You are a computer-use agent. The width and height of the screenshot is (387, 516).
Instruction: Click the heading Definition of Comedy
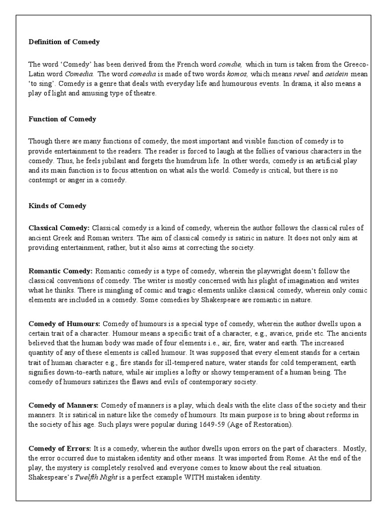pyautogui.click(x=64, y=42)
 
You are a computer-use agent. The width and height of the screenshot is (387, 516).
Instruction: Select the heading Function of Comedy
pyautogui.click(x=62, y=119)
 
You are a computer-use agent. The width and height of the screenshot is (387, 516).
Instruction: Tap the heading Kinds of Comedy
pyautogui.click(x=57, y=206)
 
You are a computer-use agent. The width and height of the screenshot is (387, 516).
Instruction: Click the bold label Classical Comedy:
pyautogui.click(x=59, y=228)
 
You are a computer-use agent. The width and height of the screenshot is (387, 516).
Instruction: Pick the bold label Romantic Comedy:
pyautogui.click(x=60, y=271)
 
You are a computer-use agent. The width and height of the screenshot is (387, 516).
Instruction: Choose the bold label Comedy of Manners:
pyautogui.click(x=64, y=406)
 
